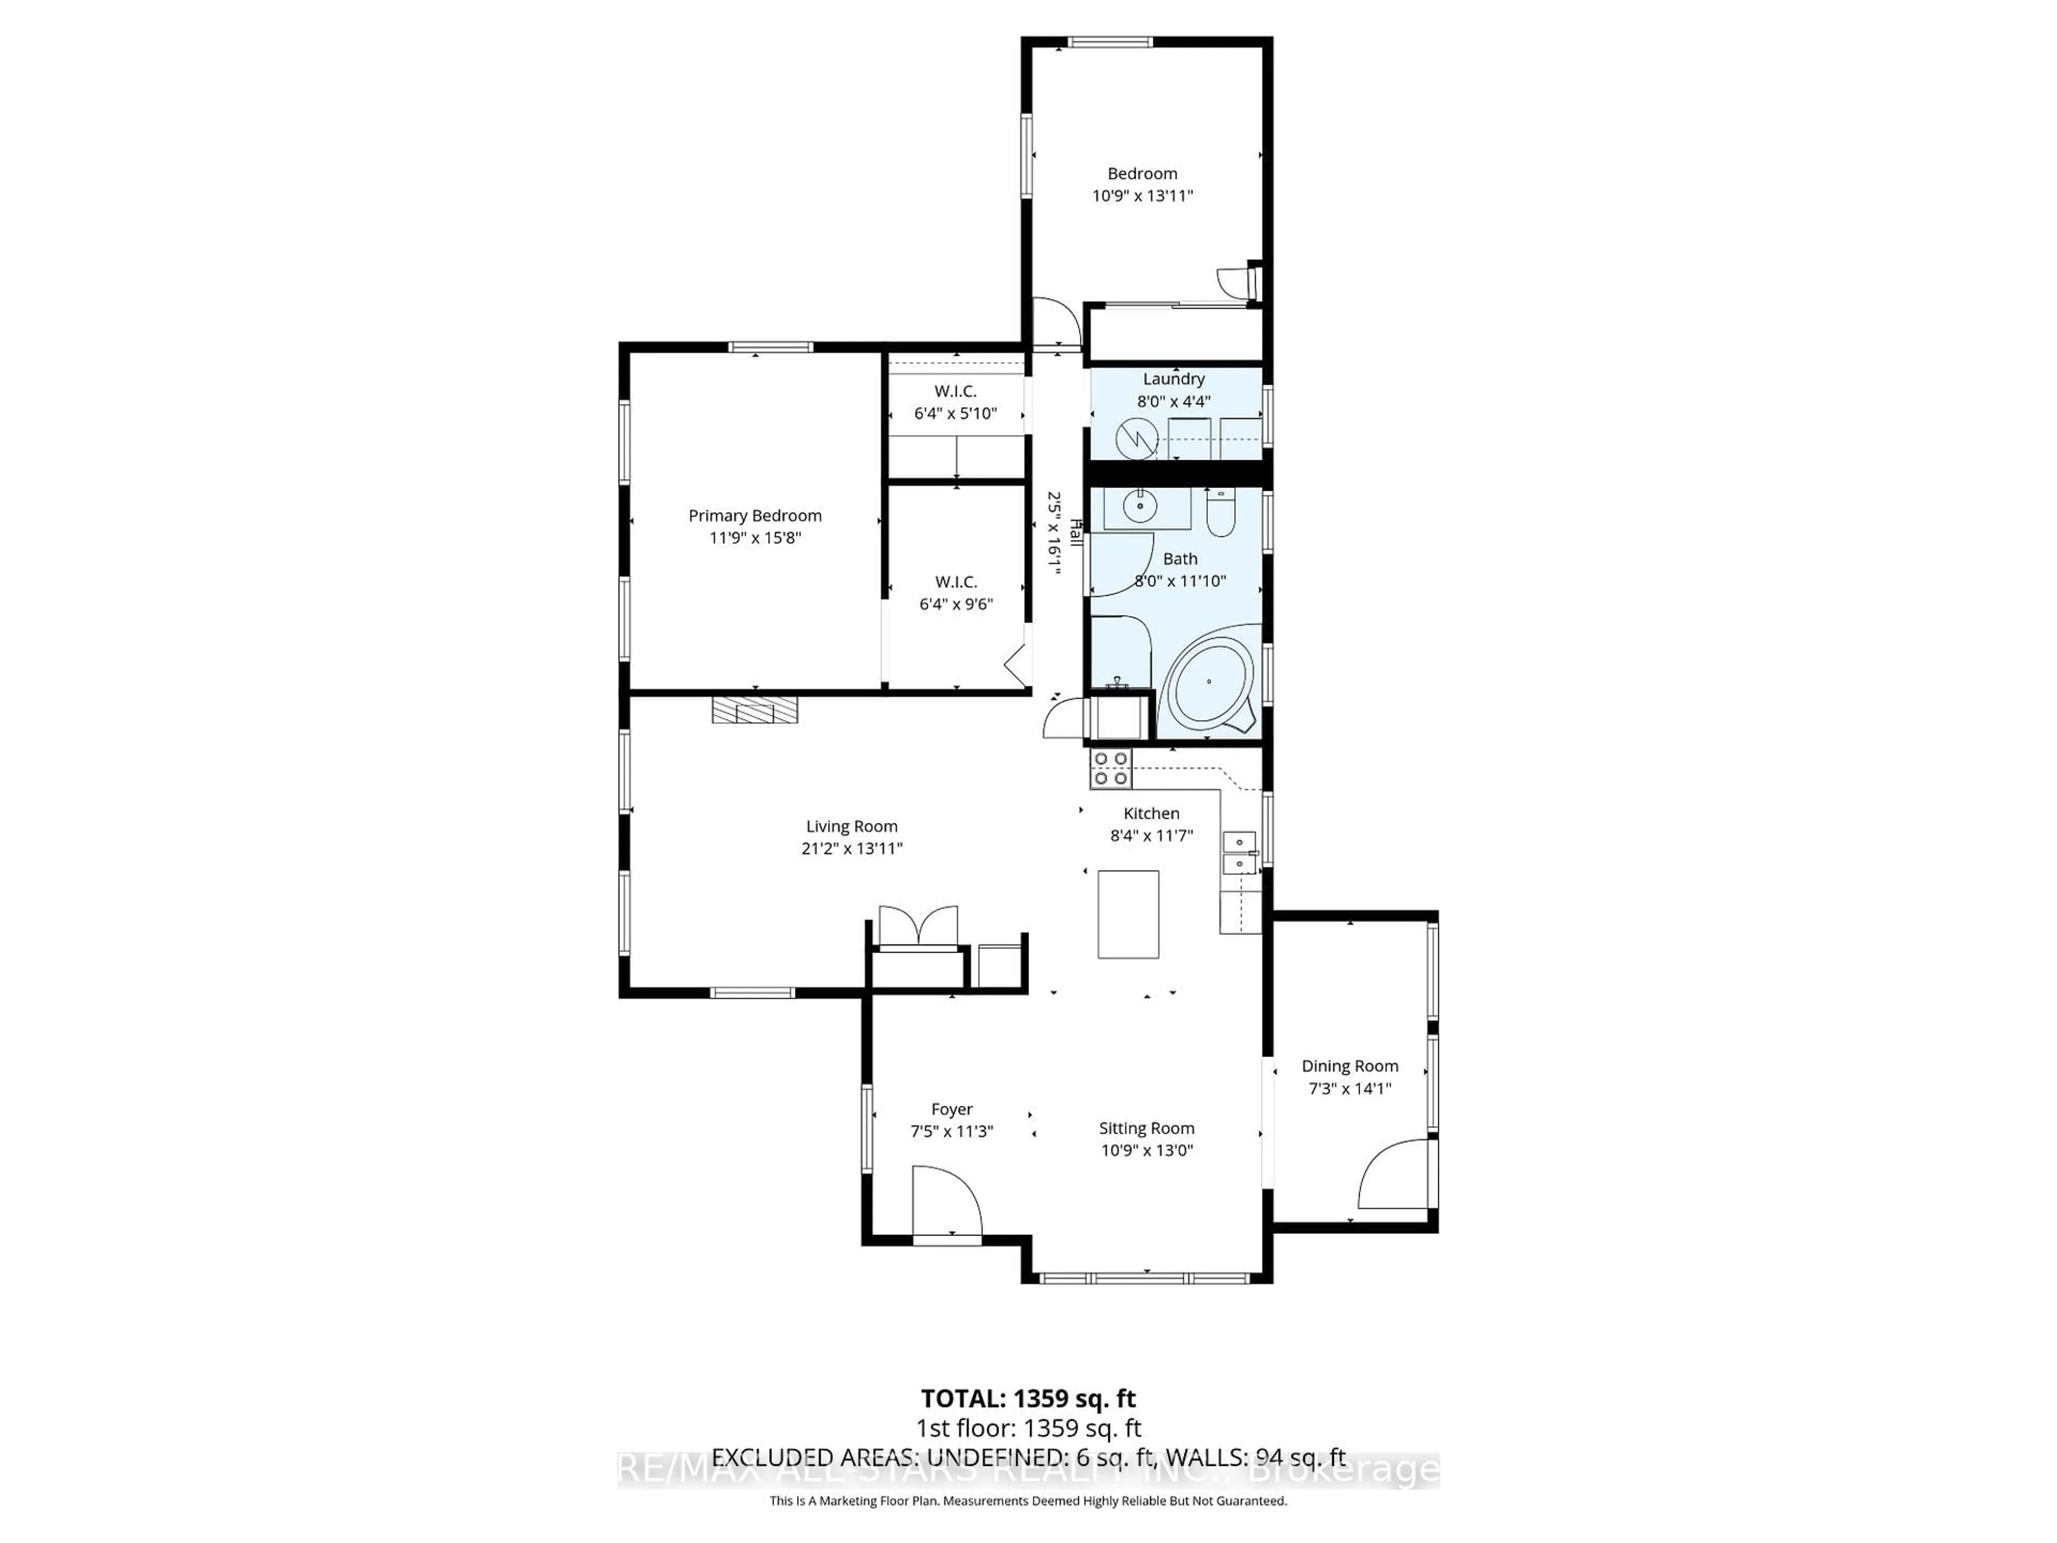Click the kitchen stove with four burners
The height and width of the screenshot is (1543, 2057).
(1110, 768)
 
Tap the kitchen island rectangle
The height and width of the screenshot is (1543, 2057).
(1128, 914)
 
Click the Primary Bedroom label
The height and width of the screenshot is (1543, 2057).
(754, 515)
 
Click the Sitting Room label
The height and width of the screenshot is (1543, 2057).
(1146, 1128)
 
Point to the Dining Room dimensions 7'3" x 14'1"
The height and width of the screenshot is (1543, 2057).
(1349, 1088)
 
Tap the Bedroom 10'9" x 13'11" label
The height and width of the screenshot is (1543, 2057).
(1142, 184)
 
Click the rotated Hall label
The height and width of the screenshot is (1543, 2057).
(1077, 533)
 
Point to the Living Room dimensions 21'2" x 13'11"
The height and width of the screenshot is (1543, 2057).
(852, 848)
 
